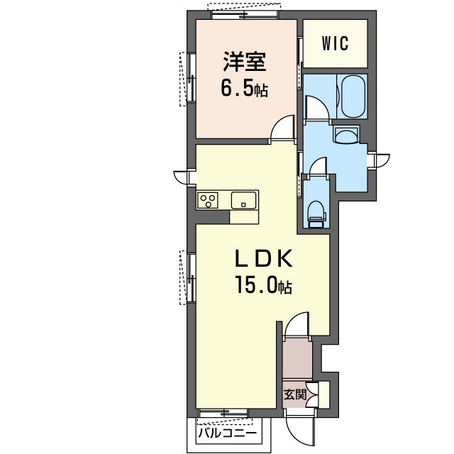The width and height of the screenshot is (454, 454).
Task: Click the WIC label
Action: tap(335, 43)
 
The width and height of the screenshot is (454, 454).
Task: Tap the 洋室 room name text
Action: tap(244, 62)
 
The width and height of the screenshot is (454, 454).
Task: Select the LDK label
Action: tap(263, 259)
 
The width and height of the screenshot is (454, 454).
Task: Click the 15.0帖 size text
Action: tap(263, 284)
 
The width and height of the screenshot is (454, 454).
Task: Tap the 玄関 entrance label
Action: tap(295, 394)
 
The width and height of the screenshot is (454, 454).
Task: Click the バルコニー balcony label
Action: tap(228, 433)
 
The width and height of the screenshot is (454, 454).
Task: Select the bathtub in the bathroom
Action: tap(353, 96)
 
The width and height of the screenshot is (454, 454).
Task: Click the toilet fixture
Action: tap(316, 214)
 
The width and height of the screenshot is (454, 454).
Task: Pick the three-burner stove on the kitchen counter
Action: tap(208, 200)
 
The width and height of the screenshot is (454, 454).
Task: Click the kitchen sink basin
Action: tap(243, 200)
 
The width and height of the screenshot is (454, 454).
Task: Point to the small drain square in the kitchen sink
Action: tap(243, 205)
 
